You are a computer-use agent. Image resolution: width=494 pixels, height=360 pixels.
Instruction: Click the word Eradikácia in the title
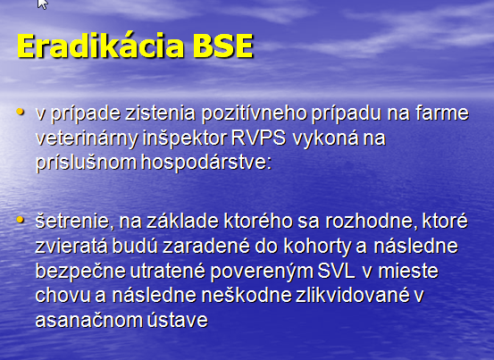tap(101, 46)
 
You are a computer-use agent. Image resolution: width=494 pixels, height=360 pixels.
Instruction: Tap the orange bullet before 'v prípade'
tap(21, 112)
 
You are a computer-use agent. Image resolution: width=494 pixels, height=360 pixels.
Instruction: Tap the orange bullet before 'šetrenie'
tap(21, 220)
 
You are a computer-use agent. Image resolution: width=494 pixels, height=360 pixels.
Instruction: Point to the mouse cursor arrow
tap(42, 4)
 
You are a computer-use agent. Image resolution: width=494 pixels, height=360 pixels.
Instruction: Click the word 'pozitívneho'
tap(255, 113)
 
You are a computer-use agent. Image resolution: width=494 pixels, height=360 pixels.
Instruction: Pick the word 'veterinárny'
tap(87, 138)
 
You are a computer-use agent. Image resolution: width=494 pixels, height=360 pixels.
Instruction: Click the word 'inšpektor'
tap(185, 138)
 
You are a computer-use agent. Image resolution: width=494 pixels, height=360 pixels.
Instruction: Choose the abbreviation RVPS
tap(258, 138)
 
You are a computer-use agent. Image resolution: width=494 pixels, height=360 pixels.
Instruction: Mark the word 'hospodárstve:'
tap(206, 163)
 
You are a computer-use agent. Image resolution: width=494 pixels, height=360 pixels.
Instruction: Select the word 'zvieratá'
tap(71, 246)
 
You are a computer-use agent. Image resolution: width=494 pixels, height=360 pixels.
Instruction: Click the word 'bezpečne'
tap(80, 272)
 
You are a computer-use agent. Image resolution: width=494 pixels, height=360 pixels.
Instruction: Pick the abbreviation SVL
tap(336, 271)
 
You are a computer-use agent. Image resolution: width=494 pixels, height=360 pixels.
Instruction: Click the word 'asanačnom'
tap(88, 321)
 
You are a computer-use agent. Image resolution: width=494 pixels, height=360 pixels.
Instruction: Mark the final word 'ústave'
tap(178, 321)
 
